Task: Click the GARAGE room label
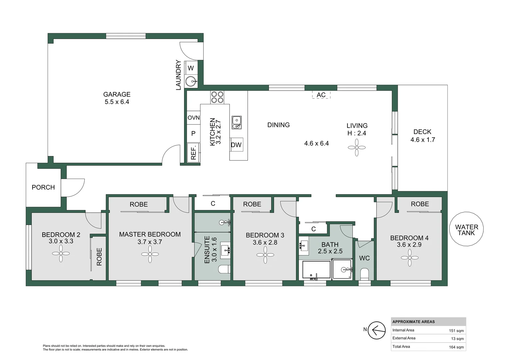coord(117,95)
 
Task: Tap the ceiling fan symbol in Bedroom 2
coord(61,254)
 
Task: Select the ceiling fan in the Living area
coord(356,147)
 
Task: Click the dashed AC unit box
coord(321,95)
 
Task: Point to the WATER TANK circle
coord(466,229)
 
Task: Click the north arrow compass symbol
coord(377,330)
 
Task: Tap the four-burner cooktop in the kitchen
coord(217,97)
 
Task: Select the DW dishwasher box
coord(236,145)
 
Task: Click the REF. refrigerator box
coord(193,152)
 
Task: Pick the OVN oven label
coord(194,118)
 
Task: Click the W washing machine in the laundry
coord(191,68)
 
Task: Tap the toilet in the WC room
coord(364,274)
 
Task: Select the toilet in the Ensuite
coord(224,269)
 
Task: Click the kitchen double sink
coord(237,122)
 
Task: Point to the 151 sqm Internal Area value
coord(456,331)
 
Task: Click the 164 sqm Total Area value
coord(456,347)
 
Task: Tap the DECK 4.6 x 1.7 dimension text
coord(422,140)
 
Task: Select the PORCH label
coord(43,187)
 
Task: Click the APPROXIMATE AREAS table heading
coord(413,322)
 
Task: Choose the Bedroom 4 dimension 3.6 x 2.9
coord(409,245)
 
